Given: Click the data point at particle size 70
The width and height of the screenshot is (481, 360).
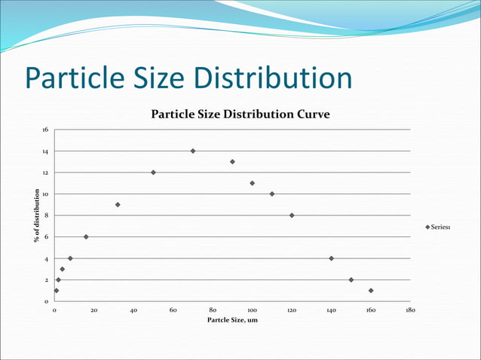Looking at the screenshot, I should tap(193, 151).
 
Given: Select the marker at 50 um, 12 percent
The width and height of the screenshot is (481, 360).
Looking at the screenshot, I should tap(153, 172).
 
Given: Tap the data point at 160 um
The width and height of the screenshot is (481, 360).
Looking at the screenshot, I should tap(371, 291).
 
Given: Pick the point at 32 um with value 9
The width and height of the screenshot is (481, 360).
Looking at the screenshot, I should tap(118, 205).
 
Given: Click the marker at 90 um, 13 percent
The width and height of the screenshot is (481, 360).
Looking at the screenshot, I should tap(232, 162).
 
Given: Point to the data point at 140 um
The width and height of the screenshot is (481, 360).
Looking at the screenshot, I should tap(331, 258).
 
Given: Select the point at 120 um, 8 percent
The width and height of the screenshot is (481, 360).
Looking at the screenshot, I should tap(292, 215).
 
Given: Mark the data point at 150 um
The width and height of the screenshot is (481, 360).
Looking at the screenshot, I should tap(351, 280).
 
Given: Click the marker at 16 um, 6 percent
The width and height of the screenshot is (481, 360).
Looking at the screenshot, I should tap(86, 236).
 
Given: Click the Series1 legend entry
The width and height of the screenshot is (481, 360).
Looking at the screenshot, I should tap(438, 227).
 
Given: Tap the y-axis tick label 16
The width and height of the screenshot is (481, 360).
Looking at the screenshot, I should tap(45, 130).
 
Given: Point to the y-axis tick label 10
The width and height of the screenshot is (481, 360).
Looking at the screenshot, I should tap(45, 194).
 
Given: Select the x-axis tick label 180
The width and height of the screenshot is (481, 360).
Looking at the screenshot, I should tap(410, 310).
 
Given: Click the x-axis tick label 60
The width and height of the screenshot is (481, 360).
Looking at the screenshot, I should tap(173, 310).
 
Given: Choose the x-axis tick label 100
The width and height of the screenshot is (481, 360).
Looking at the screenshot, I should tap(252, 310).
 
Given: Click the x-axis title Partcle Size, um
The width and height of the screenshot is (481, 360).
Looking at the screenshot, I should tap(233, 321).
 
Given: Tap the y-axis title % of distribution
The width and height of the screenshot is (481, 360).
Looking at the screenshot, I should tap(36, 215).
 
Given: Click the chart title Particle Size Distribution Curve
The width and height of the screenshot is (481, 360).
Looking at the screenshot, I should tap(241, 114).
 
